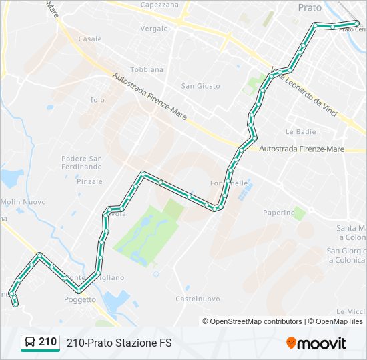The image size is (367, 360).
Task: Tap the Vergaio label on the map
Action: coord(155,29)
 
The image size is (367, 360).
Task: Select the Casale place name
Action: coord(90,39)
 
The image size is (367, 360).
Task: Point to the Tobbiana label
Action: coord(147,69)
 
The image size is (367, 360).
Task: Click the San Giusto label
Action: coord(200,85)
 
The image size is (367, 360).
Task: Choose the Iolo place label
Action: coord(97,100)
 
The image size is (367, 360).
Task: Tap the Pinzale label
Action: coord(89,181)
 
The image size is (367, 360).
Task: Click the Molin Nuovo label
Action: coord(23,202)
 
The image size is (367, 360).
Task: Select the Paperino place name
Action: coord(278,213)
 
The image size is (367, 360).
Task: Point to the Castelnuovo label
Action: coord(198,299)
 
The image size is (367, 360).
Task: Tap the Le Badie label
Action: coord(300,132)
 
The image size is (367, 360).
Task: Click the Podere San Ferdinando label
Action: coord(81,163)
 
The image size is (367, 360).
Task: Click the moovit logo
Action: coord(316,343)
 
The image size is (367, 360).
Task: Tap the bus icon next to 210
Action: coord(29,343)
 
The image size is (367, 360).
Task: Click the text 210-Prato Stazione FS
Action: coord(119,343)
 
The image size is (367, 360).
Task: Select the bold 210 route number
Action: coord(47,342)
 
